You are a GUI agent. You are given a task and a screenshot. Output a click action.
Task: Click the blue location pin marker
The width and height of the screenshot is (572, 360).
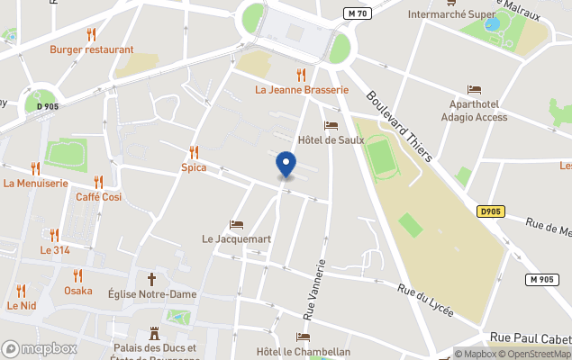point(286,165)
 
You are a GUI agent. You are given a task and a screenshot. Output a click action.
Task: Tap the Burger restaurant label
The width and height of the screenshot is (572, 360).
point(92,50)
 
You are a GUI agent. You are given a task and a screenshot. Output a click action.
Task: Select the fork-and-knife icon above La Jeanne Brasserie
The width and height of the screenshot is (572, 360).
point(301,75)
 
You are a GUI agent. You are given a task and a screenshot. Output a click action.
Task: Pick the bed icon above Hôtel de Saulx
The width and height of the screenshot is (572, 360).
point(331,125)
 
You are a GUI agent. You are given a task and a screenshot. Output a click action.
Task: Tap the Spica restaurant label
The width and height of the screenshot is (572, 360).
point(194,167)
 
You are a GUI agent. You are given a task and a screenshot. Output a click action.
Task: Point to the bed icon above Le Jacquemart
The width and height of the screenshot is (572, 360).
point(236,225)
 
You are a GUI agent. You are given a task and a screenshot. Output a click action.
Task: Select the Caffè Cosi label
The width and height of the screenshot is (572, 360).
point(99,197)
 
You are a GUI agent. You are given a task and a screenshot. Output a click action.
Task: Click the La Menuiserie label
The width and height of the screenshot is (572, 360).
point(36,184)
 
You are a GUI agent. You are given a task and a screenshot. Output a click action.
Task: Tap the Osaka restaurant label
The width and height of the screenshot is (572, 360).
point(78,291)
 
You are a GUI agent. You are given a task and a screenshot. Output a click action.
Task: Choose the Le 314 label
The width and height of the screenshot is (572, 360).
point(55,250)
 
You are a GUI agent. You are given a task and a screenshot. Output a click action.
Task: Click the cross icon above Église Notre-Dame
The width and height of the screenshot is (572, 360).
point(151,279)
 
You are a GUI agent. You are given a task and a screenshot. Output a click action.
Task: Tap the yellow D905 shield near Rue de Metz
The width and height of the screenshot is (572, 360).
point(489,211)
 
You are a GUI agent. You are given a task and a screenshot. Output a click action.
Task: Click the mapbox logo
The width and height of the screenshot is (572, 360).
point(39,348)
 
